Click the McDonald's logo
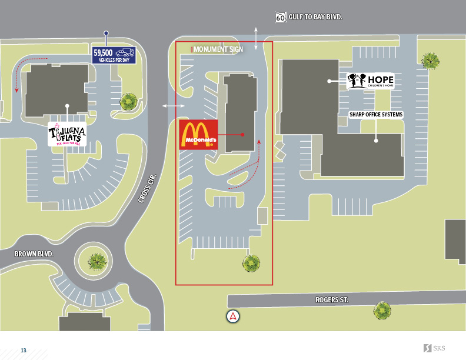(198, 135)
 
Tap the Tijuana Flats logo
(68, 134)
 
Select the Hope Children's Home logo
(370, 81)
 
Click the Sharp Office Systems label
(375, 115)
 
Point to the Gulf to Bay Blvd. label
(315, 18)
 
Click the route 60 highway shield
(281, 18)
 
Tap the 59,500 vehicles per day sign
(114, 55)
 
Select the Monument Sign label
(218, 50)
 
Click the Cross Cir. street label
(149, 188)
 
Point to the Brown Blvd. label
(34, 254)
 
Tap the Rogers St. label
(332, 300)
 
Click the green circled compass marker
(234, 316)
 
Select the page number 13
(24, 351)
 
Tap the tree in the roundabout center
(97, 260)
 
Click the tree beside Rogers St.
(382, 311)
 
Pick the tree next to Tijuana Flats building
(129, 102)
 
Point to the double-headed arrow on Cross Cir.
(173, 106)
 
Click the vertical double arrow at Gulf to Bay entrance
(255, 38)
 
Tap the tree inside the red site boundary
(252, 263)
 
